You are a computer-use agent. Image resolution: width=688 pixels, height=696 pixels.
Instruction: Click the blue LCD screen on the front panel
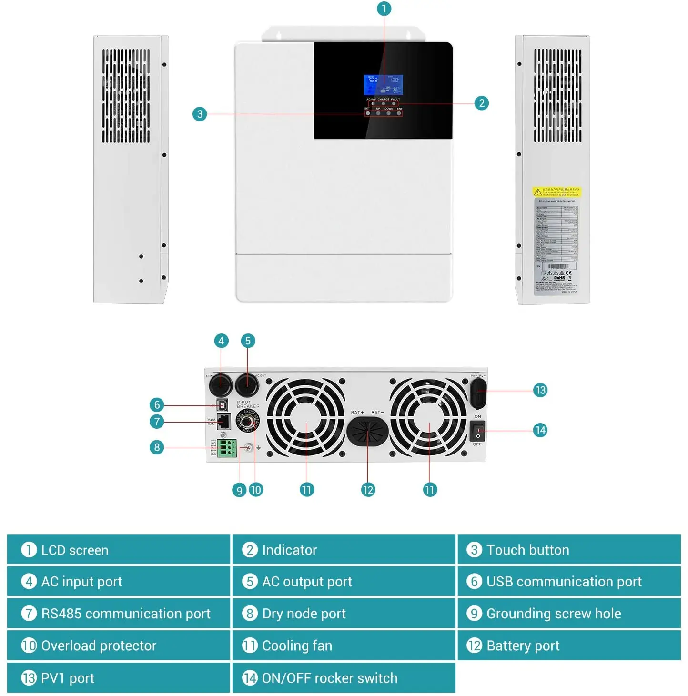coord(383,85)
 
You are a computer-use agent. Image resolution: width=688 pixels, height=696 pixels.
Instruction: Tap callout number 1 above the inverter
coord(384,9)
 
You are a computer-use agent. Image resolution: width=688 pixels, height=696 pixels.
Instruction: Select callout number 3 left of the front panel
coord(200,114)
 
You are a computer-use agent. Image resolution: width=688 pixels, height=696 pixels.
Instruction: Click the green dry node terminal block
coord(227,448)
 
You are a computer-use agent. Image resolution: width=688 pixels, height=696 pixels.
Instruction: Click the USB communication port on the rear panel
coord(222,405)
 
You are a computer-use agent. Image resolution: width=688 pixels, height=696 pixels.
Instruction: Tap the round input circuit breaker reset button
coord(247,421)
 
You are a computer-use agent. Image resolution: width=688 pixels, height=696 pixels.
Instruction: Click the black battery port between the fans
coord(367,431)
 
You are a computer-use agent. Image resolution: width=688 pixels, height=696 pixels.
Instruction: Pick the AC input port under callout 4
coord(221,384)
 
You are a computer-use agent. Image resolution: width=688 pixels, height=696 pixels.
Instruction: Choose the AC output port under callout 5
coord(247,384)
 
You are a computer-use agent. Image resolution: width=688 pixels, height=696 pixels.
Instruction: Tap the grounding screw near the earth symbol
coord(248,448)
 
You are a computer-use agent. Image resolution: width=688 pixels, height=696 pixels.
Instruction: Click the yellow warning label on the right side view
coord(556,192)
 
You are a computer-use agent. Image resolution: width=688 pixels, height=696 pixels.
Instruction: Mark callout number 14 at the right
coord(540,430)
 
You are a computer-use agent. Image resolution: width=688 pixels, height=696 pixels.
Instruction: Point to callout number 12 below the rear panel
coord(368,490)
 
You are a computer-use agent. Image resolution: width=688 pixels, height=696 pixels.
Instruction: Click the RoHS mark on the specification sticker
coord(559,278)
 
